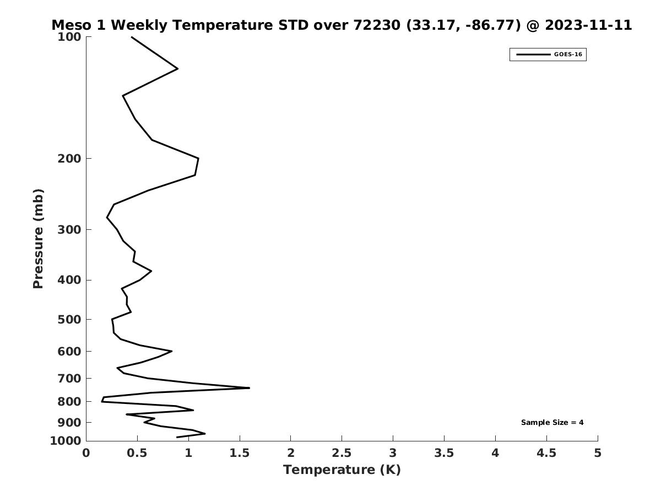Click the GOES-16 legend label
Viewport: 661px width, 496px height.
567,55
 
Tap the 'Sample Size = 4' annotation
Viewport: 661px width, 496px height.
552,423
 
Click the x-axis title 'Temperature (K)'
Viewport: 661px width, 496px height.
342,470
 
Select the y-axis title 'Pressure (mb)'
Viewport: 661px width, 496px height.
38,239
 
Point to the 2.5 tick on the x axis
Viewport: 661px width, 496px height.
342,453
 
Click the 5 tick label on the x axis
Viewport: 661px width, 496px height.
598,453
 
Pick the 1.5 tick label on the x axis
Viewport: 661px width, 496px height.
239,453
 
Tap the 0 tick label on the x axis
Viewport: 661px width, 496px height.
86,453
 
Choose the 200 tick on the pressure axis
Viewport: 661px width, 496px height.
71,159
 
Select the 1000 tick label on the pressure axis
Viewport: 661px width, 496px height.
67,441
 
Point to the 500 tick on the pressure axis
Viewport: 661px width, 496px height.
71,320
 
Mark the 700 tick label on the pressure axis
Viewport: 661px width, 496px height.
71,378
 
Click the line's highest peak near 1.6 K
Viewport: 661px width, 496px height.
249,388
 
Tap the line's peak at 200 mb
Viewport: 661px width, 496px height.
198,159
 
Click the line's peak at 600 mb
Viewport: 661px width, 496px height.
171,351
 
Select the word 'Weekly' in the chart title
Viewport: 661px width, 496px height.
144,25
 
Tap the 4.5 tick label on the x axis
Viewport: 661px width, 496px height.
546,453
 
